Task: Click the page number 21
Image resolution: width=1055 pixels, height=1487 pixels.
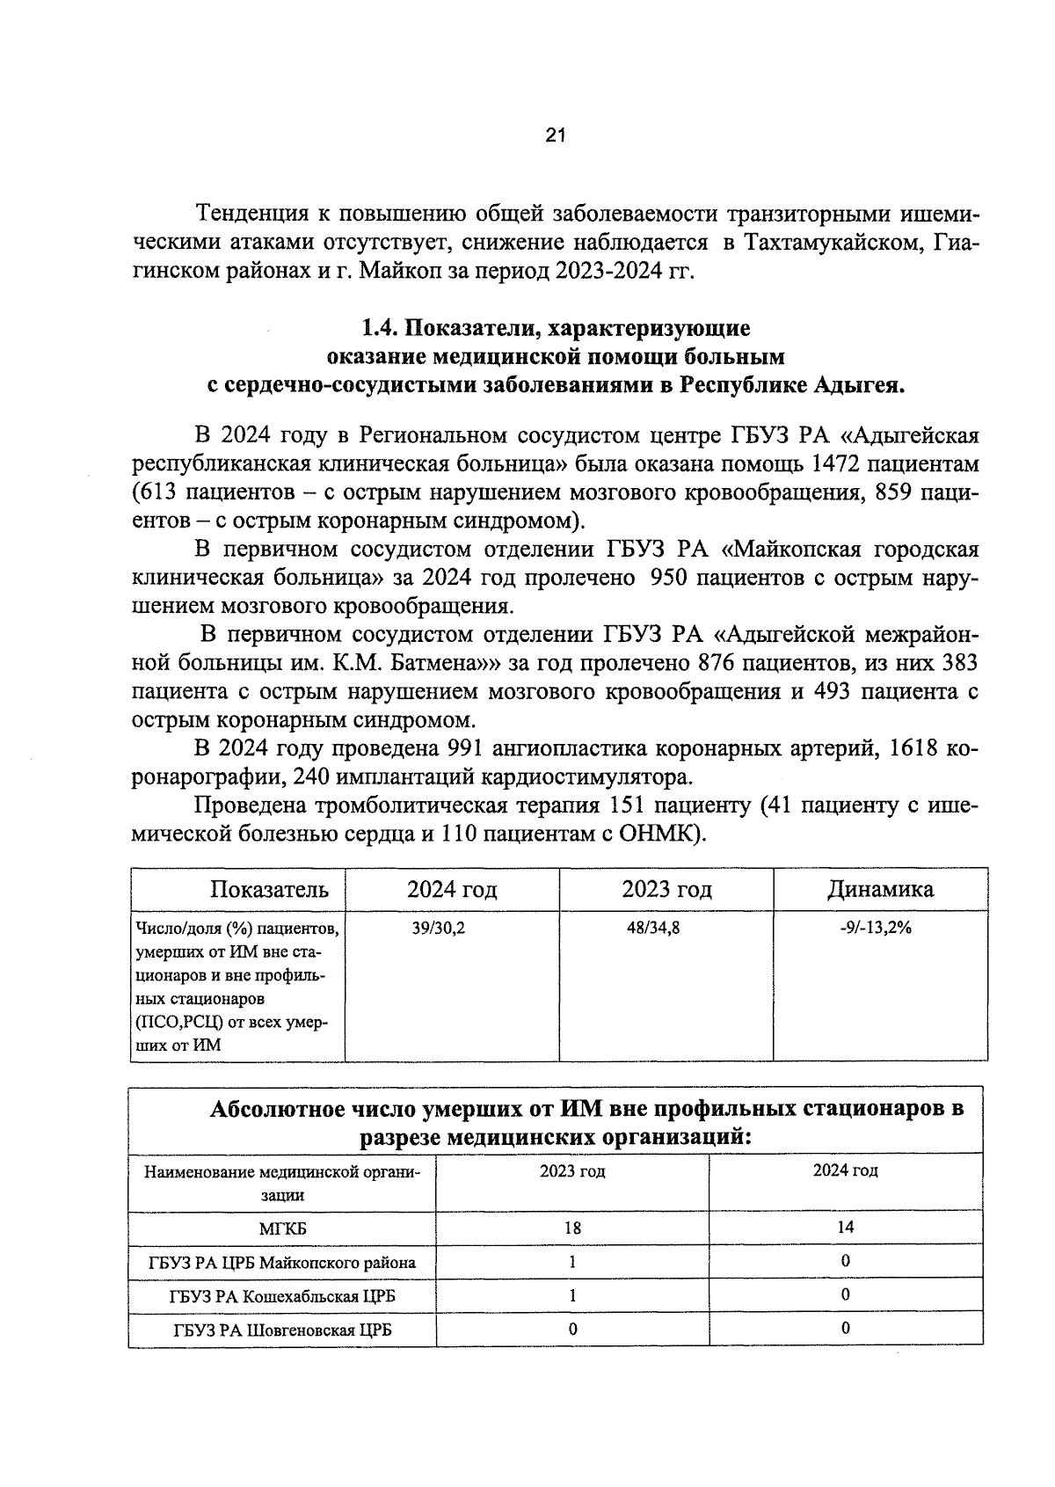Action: (555, 135)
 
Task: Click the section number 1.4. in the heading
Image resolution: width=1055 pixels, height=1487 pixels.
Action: (381, 329)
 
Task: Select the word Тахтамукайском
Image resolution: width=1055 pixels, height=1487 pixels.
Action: (832, 242)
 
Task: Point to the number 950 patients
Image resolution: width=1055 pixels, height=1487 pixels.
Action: (673, 578)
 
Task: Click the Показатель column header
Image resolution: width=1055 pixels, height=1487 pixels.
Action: (269, 889)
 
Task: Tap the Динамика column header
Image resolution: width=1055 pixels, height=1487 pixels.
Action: (880, 889)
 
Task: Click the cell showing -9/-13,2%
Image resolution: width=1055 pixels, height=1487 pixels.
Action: (876, 927)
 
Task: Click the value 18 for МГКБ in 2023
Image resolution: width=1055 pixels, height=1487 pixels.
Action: (572, 1228)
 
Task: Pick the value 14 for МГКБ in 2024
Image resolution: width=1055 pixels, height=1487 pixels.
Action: (845, 1228)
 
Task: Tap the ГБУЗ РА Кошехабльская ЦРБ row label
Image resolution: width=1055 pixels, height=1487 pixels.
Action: (282, 1296)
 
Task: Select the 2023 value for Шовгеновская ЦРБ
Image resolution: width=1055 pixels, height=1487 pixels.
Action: (572, 1329)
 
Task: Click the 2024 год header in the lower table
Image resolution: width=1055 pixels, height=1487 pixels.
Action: (845, 1170)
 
